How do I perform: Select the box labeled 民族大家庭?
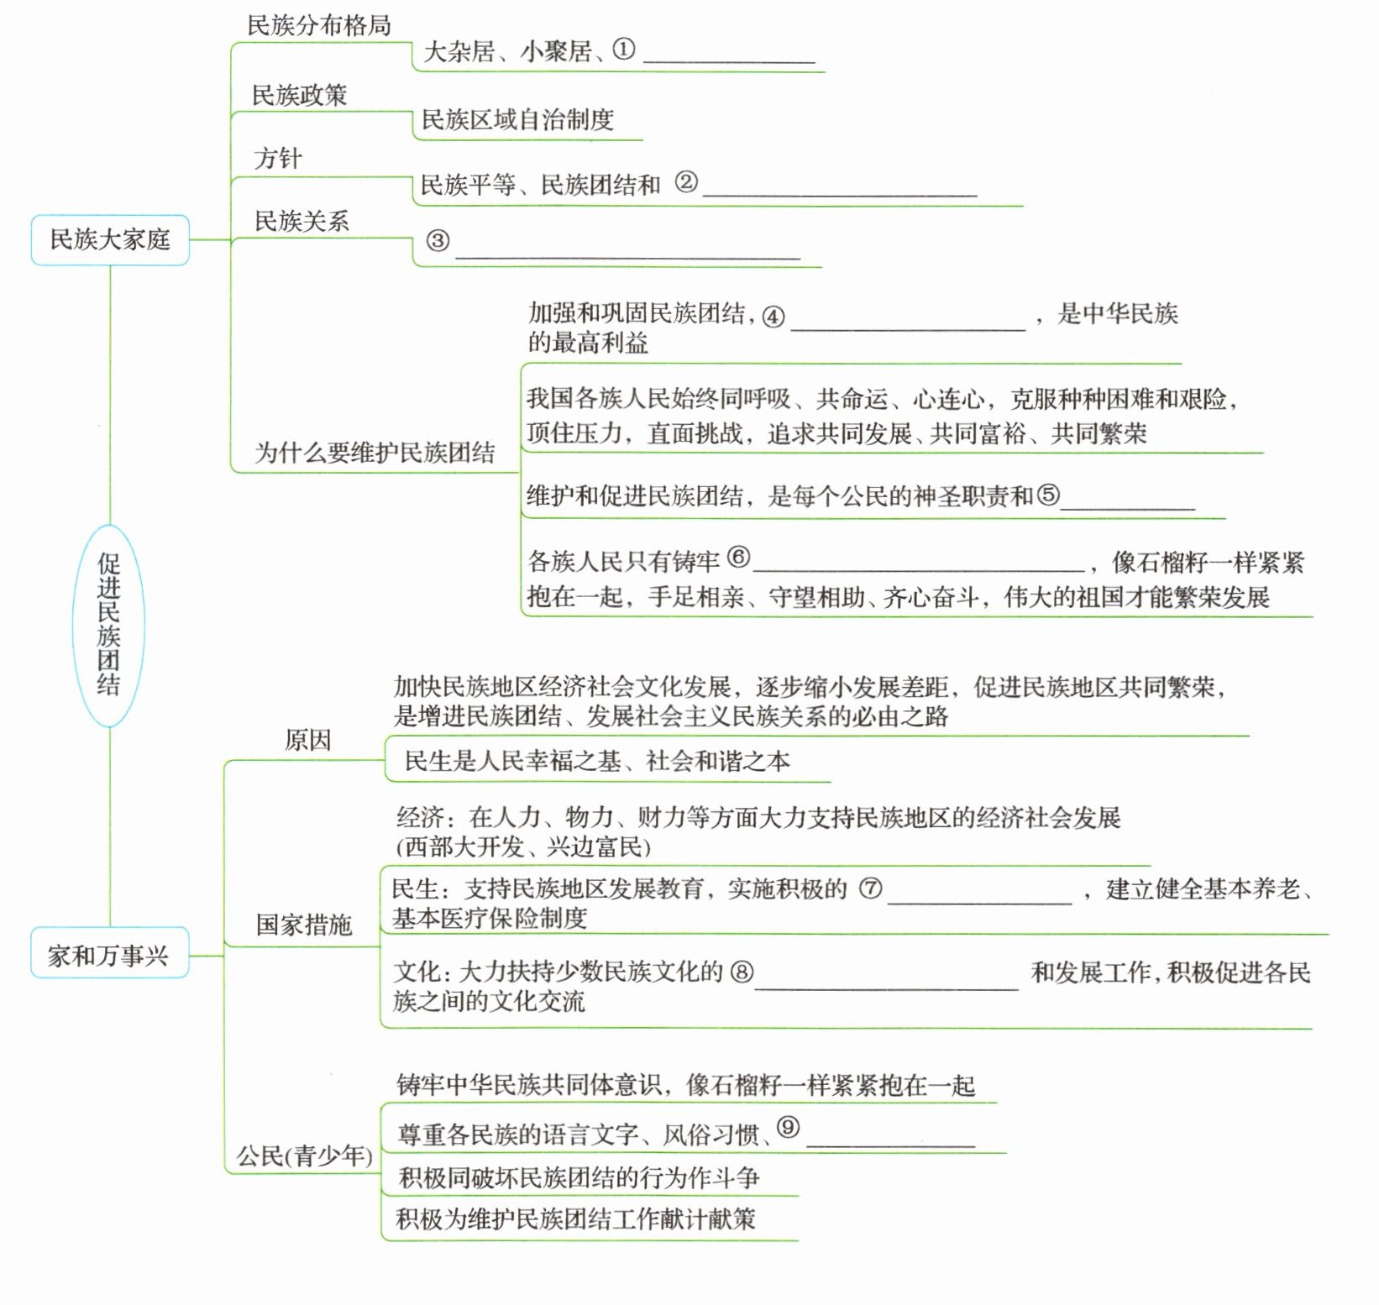point(110,240)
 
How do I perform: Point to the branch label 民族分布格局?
point(319,26)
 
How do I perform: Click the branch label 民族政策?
point(300,95)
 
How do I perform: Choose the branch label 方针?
point(278,158)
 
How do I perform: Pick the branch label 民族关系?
point(301,221)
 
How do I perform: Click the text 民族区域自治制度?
point(517,120)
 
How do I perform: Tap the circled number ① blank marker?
point(624,50)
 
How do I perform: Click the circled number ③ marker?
point(438,241)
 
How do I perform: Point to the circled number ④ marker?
point(773,316)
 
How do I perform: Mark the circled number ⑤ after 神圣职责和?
point(1048,495)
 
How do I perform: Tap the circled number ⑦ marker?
point(871,888)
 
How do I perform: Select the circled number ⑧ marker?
point(742,972)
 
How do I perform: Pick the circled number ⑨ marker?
point(788,1127)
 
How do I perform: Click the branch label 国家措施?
point(304,925)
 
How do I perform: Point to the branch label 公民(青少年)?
point(304,1156)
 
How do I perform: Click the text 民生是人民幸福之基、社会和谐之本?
point(597,761)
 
